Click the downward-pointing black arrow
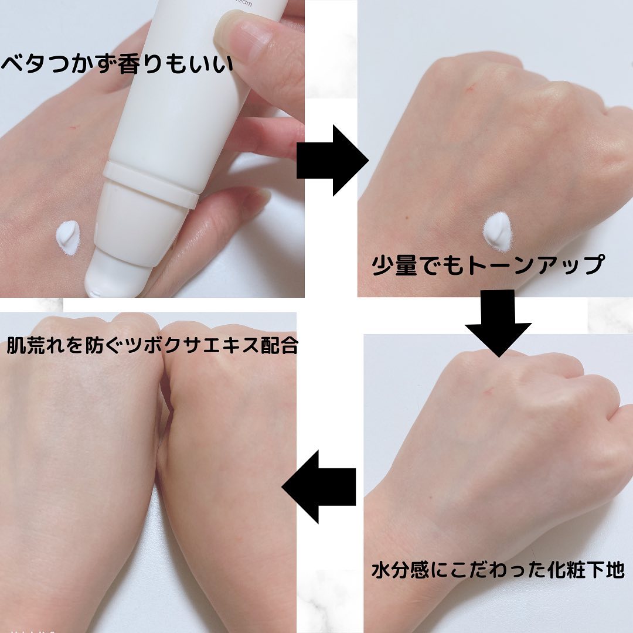(498, 323)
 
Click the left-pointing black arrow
(318, 487)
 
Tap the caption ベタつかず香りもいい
(117, 64)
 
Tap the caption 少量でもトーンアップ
(488, 264)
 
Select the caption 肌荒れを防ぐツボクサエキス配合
(152, 345)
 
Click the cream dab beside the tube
(68, 237)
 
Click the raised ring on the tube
(151, 183)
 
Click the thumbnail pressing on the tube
(246, 35)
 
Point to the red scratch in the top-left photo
(74, 127)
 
